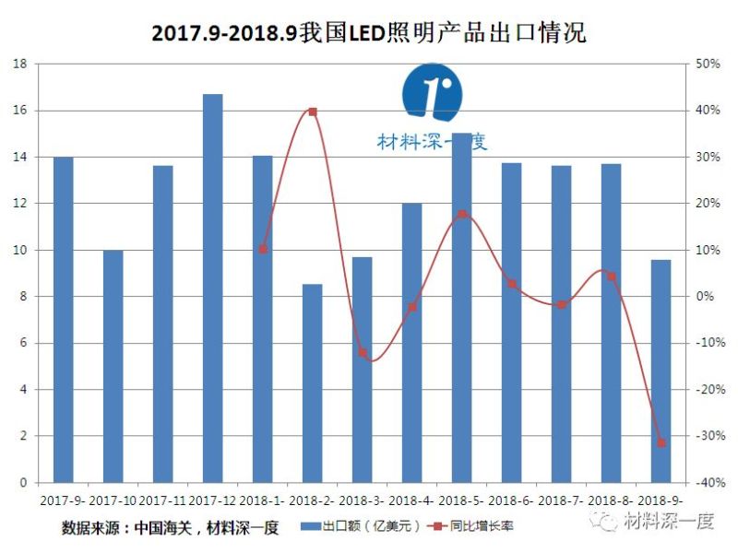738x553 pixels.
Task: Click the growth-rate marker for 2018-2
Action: (x=312, y=112)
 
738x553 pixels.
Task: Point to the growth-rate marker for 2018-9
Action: (x=661, y=443)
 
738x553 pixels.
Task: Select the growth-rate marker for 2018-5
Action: (x=461, y=215)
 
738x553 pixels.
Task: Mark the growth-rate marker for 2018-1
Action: (x=262, y=249)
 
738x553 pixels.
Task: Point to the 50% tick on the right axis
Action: (x=707, y=65)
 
